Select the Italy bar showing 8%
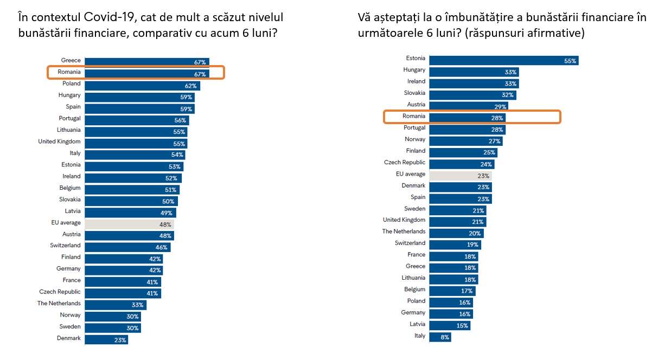[439, 337]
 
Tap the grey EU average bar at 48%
[129, 224]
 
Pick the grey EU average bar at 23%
[460, 176]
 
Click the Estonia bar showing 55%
[503, 60]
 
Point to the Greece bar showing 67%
[146, 62]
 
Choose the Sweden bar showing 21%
[457, 210]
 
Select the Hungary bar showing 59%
[139, 97]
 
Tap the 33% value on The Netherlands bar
[137, 305]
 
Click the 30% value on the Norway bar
[133, 317]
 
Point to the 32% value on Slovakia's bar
[507, 95]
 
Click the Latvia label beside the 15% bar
[417, 324]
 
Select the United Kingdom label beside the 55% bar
[59, 142]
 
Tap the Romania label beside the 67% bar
[69, 72]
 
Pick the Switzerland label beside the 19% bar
[410, 243]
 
